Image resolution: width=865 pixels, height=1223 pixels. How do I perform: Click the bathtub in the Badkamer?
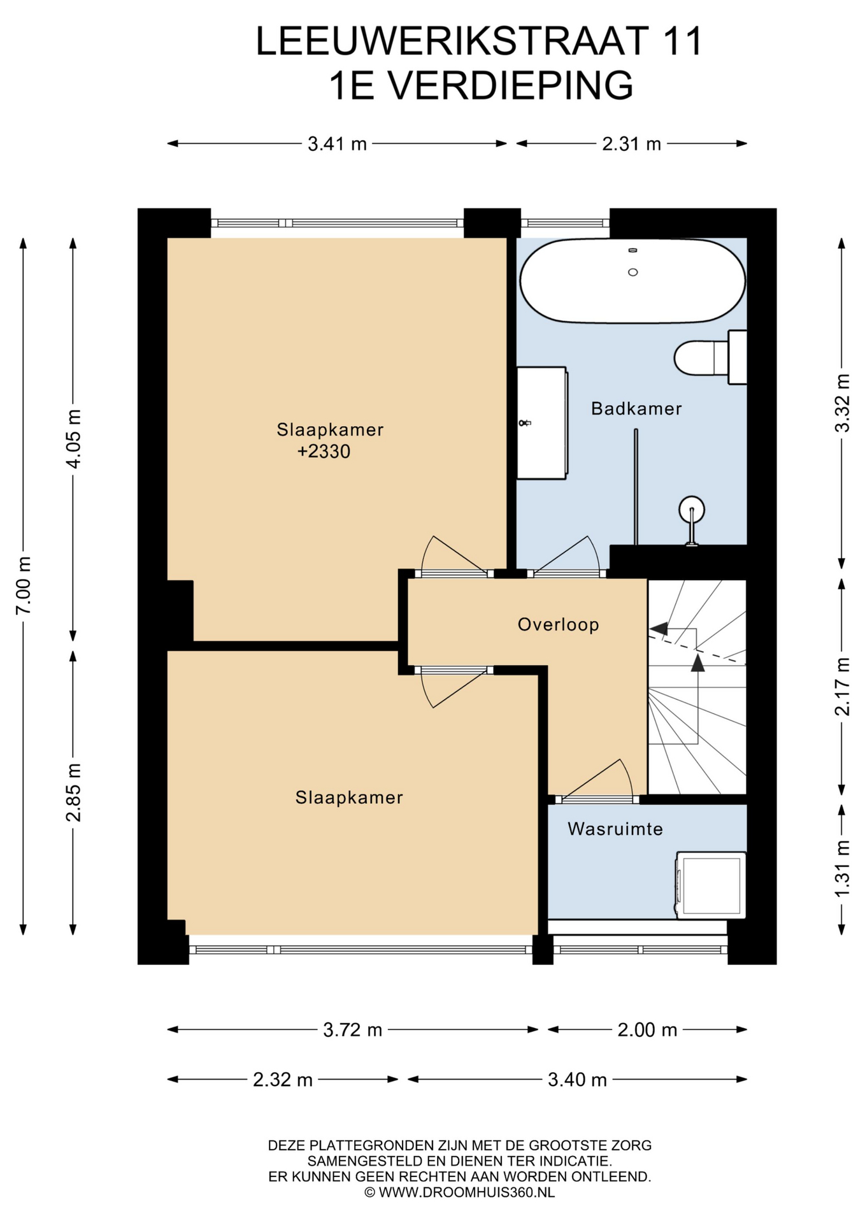(x=633, y=280)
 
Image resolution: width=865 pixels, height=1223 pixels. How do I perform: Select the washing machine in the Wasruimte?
(x=711, y=885)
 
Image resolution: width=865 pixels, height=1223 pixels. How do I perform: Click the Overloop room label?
(x=558, y=624)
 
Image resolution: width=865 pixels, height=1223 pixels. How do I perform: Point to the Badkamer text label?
(x=636, y=408)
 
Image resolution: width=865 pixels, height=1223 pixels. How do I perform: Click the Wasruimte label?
(x=615, y=829)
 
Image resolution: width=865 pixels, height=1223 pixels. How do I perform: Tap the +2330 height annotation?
(x=324, y=452)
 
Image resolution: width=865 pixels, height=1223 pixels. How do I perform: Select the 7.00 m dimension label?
(x=24, y=585)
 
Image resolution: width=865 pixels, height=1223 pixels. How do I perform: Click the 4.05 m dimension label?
(x=74, y=439)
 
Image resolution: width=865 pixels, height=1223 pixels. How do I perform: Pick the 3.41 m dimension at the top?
(x=338, y=144)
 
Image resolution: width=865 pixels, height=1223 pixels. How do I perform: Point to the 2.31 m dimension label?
(x=632, y=144)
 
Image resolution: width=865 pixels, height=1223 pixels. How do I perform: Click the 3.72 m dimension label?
(x=353, y=1030)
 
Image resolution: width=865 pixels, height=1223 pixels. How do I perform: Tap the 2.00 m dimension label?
(x=647, y=1030)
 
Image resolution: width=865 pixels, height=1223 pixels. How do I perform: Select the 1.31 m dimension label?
(x=843, y=869)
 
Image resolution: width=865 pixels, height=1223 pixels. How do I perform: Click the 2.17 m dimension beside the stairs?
(x=843, y=687)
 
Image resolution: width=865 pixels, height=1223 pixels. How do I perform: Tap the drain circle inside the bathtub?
(x=633, y=272)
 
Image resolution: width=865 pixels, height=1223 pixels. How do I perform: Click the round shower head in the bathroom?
(x=692, y=509)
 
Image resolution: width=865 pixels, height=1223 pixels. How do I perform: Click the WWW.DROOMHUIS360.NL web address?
(x=466, y=1192)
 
